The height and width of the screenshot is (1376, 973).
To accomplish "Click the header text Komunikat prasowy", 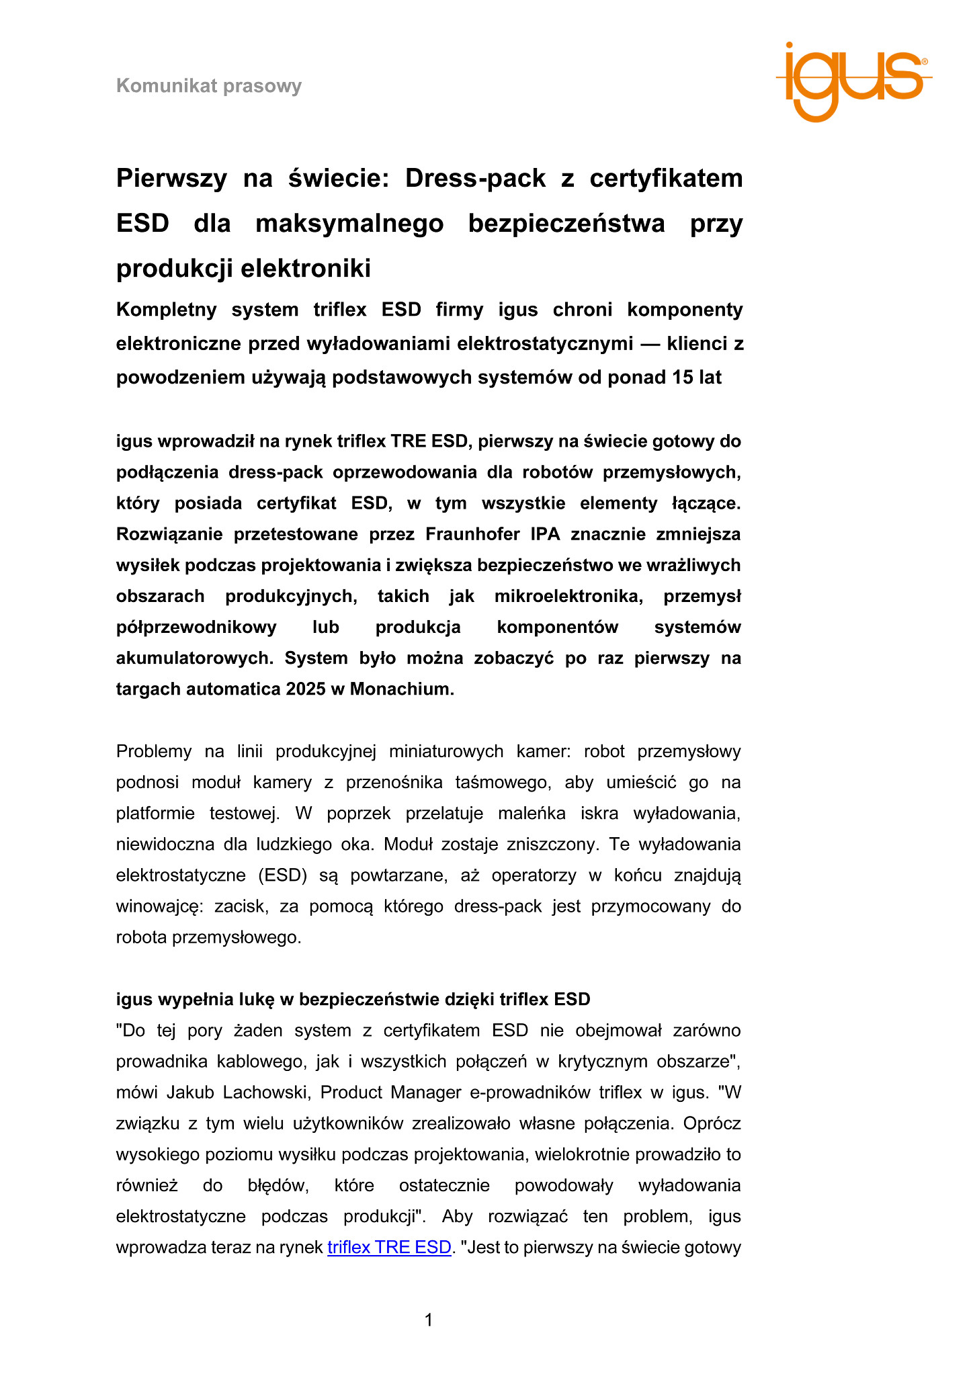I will pos(209,86).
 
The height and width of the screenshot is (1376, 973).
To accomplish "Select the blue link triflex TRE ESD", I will pos(389,1247).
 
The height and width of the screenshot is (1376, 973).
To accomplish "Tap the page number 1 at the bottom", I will pos(429,1320).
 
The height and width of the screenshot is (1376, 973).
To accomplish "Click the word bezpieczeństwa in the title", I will pos(566,224).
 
